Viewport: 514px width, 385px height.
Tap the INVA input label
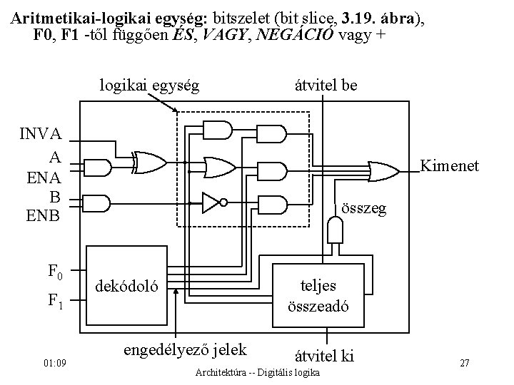(40, 134)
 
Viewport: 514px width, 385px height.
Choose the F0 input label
(55, 271)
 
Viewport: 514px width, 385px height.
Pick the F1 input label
(55, 302)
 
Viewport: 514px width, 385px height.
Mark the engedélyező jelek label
(185, 349)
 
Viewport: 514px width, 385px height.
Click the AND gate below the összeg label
(334, 230)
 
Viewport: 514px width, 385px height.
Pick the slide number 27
(464, 364)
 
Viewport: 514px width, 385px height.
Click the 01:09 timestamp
(55, 364)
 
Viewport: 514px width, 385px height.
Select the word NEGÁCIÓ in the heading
(297, 34)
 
